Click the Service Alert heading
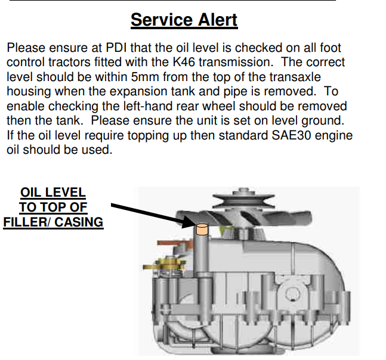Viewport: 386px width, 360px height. coord(184,20)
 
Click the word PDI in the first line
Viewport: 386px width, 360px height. coord(116,48)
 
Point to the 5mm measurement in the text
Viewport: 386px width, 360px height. coord(145,77)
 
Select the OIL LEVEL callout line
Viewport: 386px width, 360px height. coord(53,193)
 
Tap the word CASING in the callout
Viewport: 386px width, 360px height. coord(79,222)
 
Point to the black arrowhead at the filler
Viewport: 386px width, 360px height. coord(190,221)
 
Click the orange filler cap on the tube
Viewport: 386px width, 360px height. coord(202,229)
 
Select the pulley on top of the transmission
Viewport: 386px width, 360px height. coord(243,199)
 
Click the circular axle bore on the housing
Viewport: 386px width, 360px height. coord(292,294)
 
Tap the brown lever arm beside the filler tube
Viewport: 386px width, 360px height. coord(175,244)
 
